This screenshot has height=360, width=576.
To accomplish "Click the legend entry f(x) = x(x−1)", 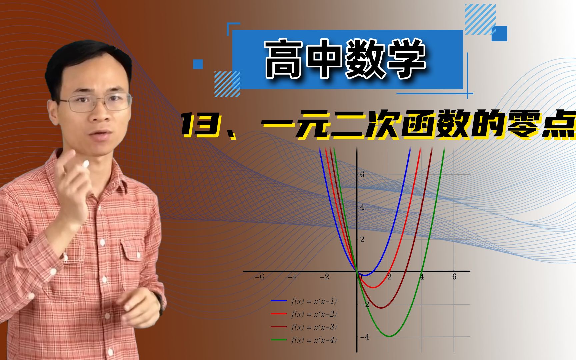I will [314, 301].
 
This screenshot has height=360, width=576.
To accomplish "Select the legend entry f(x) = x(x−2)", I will [314, 314].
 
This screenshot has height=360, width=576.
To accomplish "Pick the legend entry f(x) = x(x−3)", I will [314, 327].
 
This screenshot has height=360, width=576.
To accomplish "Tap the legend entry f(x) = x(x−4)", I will [314, 340].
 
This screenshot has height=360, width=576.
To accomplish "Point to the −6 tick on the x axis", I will [259, 277].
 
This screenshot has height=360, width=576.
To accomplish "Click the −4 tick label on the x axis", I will [292, 277].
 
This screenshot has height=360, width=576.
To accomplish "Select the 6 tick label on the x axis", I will [454, 277].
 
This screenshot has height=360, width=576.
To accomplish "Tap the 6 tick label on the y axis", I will [362, 174].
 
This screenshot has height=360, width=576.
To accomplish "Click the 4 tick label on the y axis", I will [362, 207].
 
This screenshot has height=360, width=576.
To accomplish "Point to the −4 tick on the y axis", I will [365, 337].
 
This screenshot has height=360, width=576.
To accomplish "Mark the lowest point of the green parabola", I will [389, 336].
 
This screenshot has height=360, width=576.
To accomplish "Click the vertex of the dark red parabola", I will [381, 308].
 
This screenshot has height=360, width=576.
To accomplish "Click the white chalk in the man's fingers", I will [85, 164].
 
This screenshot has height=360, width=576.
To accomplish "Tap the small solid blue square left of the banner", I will [198, 64].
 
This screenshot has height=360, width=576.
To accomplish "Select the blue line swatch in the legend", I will [279, 301].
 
